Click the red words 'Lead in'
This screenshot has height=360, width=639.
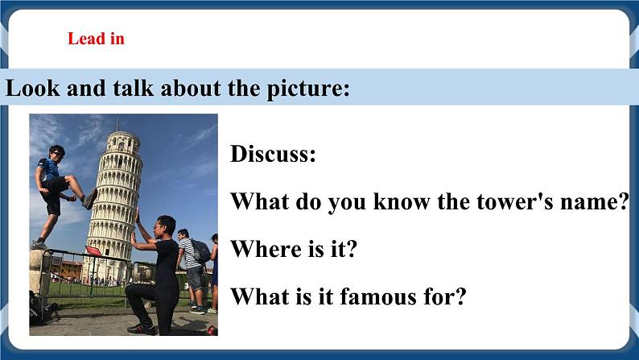coord(96,39)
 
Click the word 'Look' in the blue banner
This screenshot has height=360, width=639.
coord(32,88)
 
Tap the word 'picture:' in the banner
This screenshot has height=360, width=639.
coord(307,88)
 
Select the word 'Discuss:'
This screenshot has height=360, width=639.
coord(273,154)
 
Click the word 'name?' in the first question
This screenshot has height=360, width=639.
coord(597,201)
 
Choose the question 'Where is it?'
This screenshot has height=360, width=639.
coord(294,249)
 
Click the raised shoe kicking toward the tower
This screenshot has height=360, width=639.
coord(89,198)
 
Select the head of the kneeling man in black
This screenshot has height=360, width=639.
coord(164,226)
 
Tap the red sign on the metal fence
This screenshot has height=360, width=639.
coord(95,251)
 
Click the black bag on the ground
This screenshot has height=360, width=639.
coord(39,308)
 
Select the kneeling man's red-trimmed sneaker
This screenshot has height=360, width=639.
coord(142,329)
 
